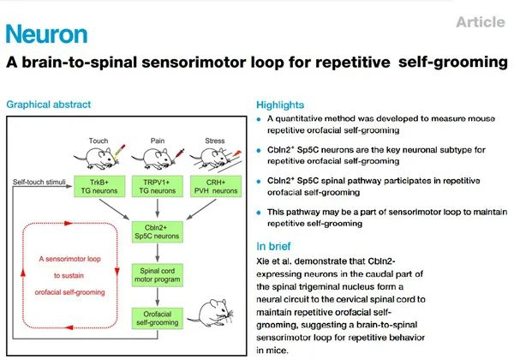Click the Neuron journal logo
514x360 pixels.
point(46,34)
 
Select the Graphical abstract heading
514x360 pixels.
point(49,105)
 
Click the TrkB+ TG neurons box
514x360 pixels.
point(95,188)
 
